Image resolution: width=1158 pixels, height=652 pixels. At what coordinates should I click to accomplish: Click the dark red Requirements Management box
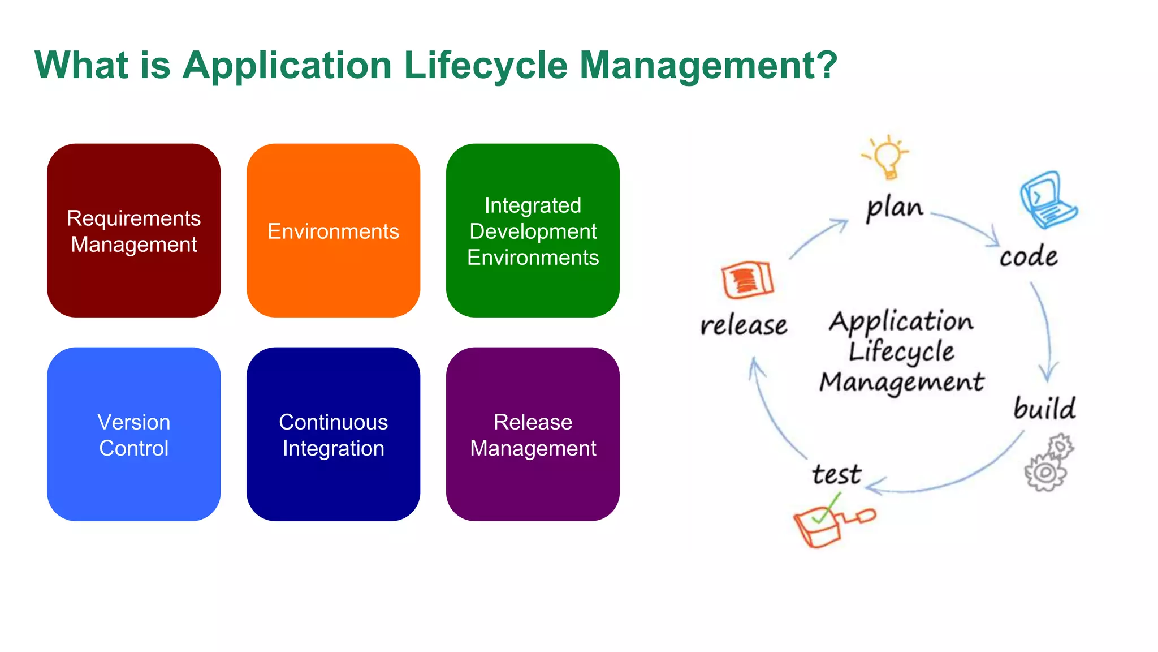133,230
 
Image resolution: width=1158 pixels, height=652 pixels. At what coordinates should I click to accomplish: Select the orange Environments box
333,230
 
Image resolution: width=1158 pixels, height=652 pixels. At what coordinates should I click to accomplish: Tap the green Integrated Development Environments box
533,230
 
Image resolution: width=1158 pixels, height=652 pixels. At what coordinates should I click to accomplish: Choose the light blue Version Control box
133,434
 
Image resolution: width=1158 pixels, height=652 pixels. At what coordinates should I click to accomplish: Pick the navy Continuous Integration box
333,434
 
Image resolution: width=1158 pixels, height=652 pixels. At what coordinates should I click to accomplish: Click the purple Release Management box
533,434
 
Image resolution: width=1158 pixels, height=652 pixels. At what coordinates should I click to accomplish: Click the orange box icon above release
747,280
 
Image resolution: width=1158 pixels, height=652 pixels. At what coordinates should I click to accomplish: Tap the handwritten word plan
895,208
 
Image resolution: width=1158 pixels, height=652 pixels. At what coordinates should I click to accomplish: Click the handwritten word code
1028,257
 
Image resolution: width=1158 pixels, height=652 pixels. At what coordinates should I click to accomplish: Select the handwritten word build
1044,409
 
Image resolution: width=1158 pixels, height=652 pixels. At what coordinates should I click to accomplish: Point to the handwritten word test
836,474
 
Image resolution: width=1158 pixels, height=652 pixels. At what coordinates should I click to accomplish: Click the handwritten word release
744,325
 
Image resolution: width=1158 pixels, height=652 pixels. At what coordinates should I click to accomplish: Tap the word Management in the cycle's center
901,382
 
